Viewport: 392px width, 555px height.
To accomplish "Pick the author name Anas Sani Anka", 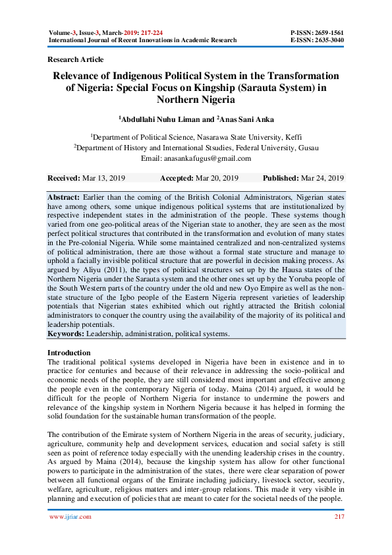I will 246,119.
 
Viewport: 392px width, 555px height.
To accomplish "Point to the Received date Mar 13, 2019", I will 105,179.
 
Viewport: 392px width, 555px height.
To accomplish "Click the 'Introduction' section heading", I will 69,353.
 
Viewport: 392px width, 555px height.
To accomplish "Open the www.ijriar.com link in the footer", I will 70,517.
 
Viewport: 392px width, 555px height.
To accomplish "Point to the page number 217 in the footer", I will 338,517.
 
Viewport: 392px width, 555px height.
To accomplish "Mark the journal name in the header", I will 142,40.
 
